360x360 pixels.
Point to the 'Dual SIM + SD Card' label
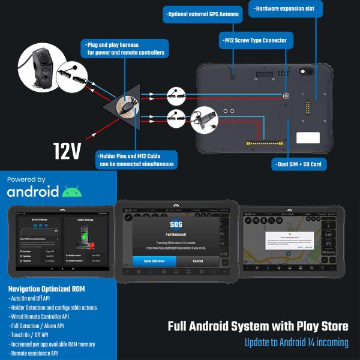coord(298,163)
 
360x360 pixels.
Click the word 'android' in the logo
coord(33,191)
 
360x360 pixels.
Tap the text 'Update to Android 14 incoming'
coord(296,343)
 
